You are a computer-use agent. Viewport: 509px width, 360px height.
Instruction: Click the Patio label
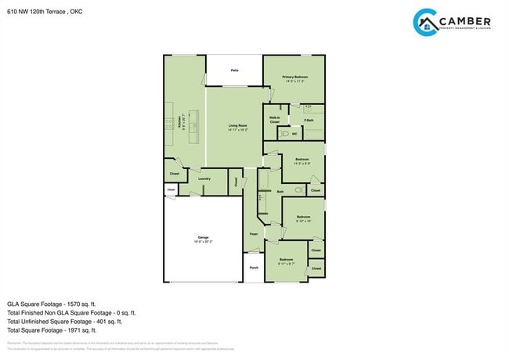[x=234, y=70]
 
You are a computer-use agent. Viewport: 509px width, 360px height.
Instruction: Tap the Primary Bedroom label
[x=294, y=77]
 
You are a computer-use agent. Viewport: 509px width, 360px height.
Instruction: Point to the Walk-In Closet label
[x=275, y=121]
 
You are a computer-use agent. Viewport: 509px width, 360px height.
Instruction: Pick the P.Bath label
[x=309, y=120]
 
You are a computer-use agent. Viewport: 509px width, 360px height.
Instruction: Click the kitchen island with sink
[x=193, y=125]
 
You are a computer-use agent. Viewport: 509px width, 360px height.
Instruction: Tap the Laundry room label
[x=204, y=178]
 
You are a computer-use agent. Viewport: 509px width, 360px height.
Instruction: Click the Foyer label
[x=254, y=234]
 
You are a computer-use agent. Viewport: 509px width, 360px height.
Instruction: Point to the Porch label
[x=254, y=268]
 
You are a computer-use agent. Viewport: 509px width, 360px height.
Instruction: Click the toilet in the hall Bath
[x=299, y=190]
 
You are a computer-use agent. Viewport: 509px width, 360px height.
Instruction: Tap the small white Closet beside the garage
[x=171, y=189]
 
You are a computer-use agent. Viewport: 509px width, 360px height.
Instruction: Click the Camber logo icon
[x=425, y=23]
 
